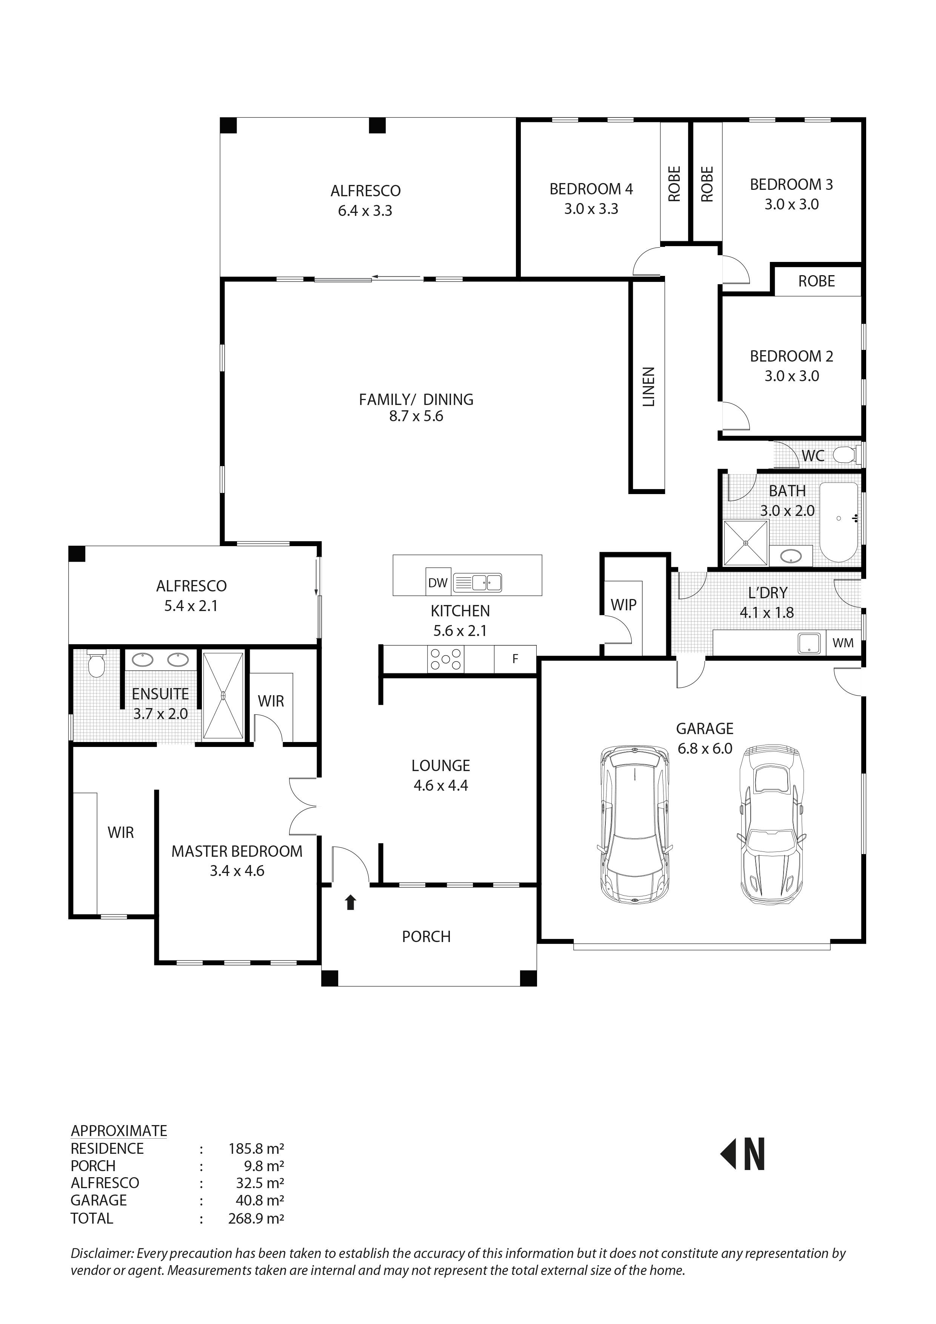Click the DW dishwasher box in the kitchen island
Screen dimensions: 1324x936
438,582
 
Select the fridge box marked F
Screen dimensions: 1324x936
515,659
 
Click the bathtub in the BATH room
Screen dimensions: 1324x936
839,522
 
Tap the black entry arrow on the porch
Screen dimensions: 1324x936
351,902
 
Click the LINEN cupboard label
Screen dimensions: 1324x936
648,387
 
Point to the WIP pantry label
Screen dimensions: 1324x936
623,605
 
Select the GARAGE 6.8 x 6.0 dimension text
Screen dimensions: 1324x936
705,748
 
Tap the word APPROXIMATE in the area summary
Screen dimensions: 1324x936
119,1130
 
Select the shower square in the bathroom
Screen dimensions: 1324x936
746,543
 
